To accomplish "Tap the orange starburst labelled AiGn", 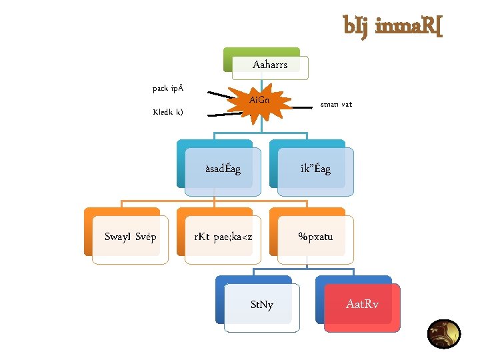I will pos(260,101).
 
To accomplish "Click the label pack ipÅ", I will pos(168,88).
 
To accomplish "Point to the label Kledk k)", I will pos(168,112).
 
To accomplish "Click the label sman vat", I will pos(336,105).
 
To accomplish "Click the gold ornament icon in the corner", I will pos(443,334).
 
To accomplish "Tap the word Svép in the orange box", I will pos(146,237).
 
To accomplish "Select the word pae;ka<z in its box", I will pos(233,237).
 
